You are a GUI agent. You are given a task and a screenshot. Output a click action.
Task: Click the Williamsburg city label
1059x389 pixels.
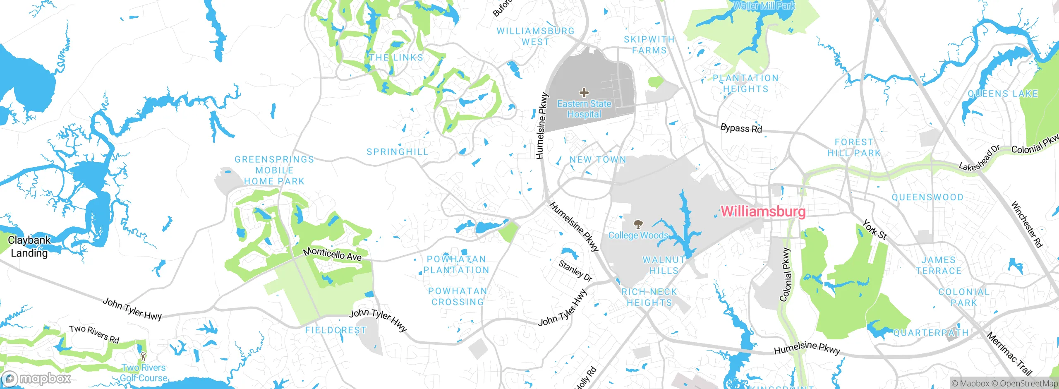(763, 211)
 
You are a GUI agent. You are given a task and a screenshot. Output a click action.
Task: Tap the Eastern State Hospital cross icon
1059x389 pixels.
(584, 92)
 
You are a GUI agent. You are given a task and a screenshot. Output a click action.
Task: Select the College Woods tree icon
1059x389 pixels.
(638, 224)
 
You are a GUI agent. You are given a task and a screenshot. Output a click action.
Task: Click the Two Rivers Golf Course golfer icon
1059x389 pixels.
(143, 356)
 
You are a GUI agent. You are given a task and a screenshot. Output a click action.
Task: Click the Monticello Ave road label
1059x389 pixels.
(332, 254)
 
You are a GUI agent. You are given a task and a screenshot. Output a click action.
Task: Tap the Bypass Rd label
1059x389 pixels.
(741, 128)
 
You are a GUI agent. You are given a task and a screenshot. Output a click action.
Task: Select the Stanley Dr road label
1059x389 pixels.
(575, 271)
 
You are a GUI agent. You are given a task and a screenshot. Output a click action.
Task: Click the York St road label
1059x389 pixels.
(875, 230)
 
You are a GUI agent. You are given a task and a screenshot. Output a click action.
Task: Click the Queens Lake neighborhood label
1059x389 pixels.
(1003, 94)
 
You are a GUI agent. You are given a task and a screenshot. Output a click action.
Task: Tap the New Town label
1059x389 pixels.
(598, 160)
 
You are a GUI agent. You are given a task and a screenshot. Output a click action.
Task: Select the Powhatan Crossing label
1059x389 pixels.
(458, 297)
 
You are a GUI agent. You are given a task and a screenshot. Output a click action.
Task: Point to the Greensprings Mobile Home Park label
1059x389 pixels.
(274, 170)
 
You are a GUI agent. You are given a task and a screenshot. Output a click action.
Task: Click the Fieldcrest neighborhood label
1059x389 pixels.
(336, 330)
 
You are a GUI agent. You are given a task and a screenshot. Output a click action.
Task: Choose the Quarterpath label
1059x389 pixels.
(931, 333)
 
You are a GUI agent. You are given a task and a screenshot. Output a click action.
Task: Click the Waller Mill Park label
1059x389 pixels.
(764, 5)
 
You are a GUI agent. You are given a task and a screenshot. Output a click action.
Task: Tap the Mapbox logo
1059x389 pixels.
(36, 378)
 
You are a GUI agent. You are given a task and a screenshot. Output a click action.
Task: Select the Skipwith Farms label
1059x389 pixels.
(649, 45)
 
